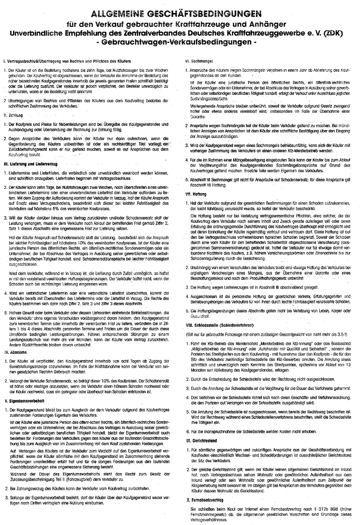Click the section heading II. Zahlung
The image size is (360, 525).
click(x=13, y=114)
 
